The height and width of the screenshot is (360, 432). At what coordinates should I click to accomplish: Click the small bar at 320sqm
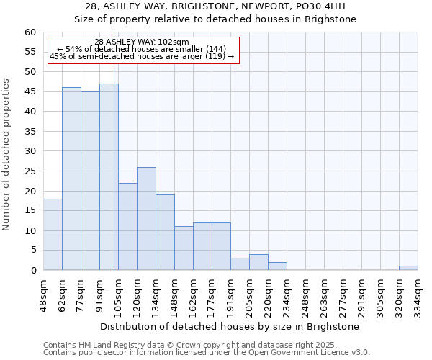point(408,268)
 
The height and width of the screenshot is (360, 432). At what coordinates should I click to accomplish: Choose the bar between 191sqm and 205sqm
point(240,264)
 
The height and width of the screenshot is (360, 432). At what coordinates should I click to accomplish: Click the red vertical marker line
point(114,166)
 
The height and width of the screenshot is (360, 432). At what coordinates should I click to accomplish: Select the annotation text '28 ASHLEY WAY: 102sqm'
point(142,42)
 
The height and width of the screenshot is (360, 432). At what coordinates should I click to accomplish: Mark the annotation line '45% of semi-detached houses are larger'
point(142,56)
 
